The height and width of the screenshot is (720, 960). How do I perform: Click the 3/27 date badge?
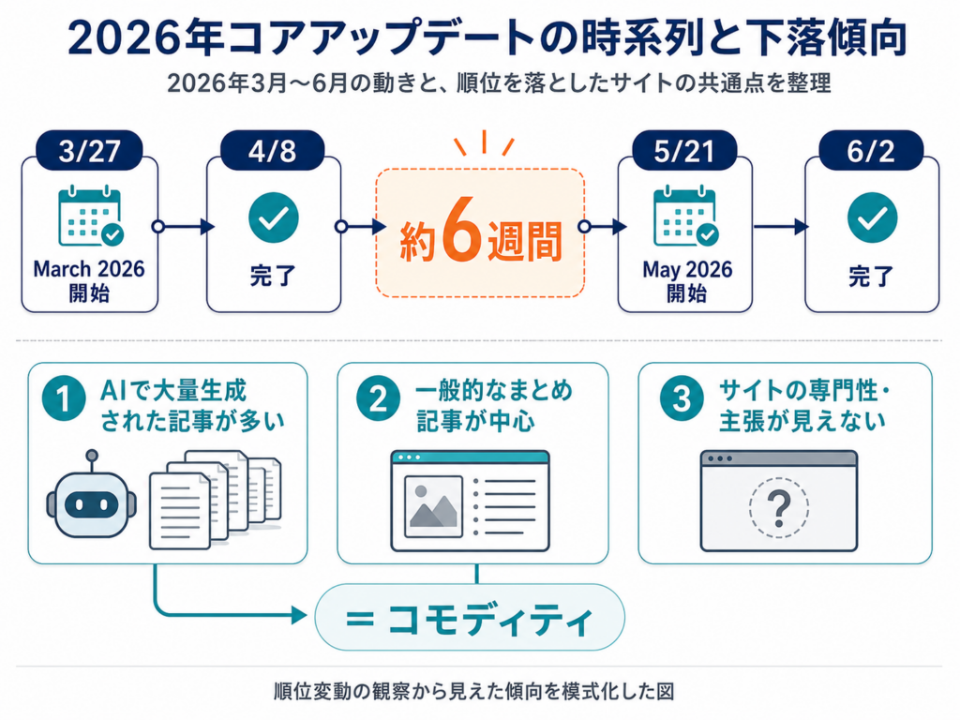pos(89,151)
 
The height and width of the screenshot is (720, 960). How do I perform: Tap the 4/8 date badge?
pos(273,151)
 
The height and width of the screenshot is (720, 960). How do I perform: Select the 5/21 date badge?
pos(684,151)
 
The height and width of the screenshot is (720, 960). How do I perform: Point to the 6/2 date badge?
pos(871,151)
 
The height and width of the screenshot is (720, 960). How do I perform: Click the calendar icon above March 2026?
pos(91,216)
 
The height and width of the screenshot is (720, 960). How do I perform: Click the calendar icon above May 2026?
pos(685,216)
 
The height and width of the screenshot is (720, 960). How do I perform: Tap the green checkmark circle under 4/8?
pos(274,217)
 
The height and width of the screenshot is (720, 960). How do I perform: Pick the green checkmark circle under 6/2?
pos(873,217)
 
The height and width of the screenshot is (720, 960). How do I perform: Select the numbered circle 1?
pos(64,398)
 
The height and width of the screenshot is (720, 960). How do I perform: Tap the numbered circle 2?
pos(379,398)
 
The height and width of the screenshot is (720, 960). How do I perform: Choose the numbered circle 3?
pos(682,398)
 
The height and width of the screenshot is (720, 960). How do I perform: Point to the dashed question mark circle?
pos(779,507)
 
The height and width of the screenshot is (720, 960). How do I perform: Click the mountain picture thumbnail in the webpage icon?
pos(433,506)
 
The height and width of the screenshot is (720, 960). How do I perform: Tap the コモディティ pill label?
pos(470,617)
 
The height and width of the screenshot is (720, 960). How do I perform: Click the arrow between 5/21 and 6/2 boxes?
pos(781,227)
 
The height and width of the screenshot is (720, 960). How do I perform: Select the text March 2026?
pos(89,269)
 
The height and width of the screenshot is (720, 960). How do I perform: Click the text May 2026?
pos(687,269)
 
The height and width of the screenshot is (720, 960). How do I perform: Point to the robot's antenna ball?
pos(92,456)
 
